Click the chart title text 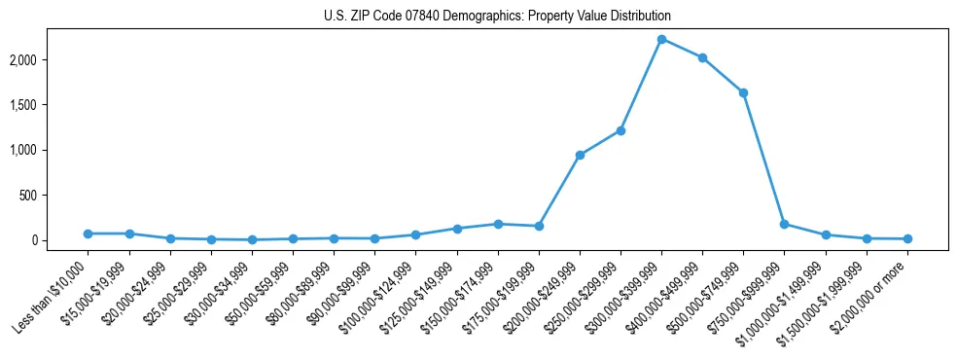pos(497,17)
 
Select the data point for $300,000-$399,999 pos(661,39)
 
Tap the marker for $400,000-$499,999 pos(702,57)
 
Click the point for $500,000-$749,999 pos(743,92)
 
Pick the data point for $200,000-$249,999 pos(580,155)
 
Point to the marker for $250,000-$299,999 pos(620,130)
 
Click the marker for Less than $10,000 pos(88,234)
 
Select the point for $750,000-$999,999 pos(784,224)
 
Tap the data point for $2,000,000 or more pos(907,238)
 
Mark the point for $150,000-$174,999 pos(498,224)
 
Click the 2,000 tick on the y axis pos(49,60)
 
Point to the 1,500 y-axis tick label pos(49,105)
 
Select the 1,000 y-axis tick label pos(49,151)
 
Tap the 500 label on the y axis pos(54,196)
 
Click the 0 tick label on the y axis pos(60,240)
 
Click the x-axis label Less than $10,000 pos(52,294)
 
